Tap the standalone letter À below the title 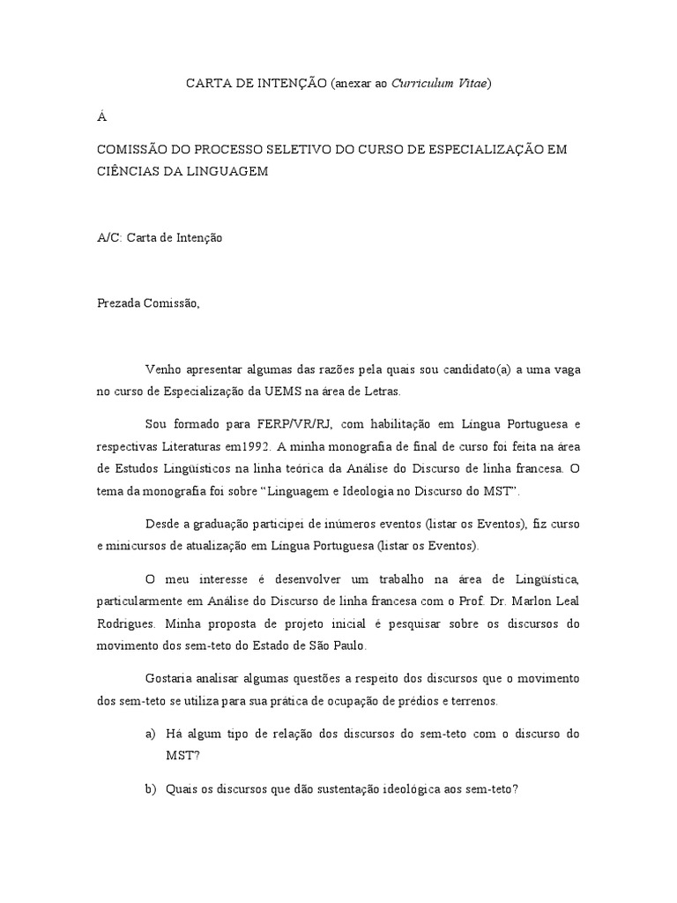(101, 116)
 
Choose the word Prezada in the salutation (122, 304)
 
